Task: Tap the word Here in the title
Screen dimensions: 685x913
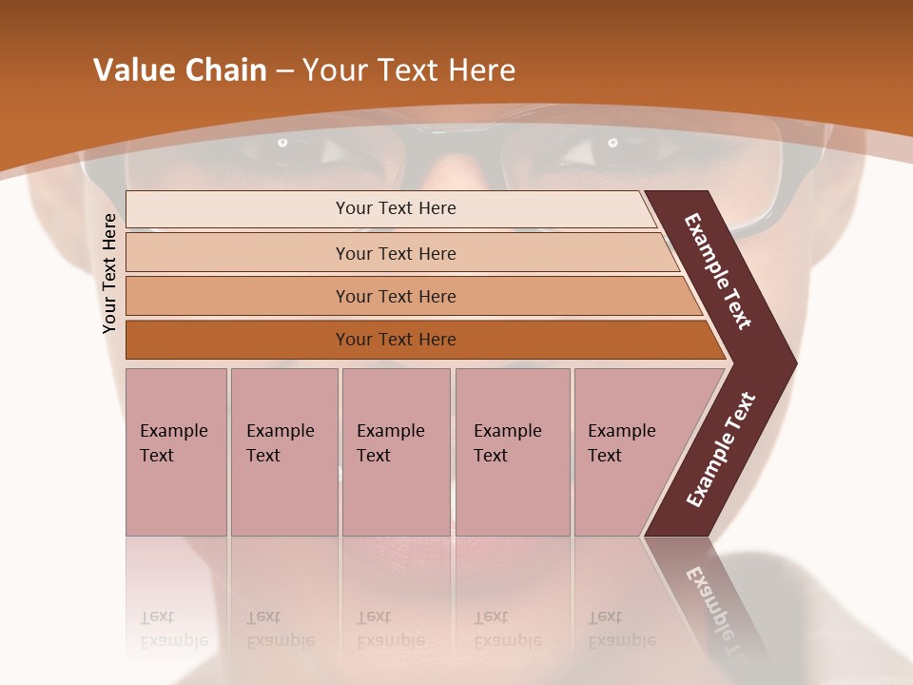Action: click(481, 70)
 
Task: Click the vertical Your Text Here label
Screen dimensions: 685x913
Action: click(109, 273)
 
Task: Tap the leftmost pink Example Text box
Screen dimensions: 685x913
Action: click(176, 451)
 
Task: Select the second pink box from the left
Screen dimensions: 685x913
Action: click(284, 451)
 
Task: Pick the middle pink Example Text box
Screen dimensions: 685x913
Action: click(396, 451)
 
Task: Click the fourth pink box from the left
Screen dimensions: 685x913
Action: click(513, 451)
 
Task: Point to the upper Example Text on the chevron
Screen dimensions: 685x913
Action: click(718, 271)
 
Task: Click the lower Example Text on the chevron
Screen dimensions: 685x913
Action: click(720, 450)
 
